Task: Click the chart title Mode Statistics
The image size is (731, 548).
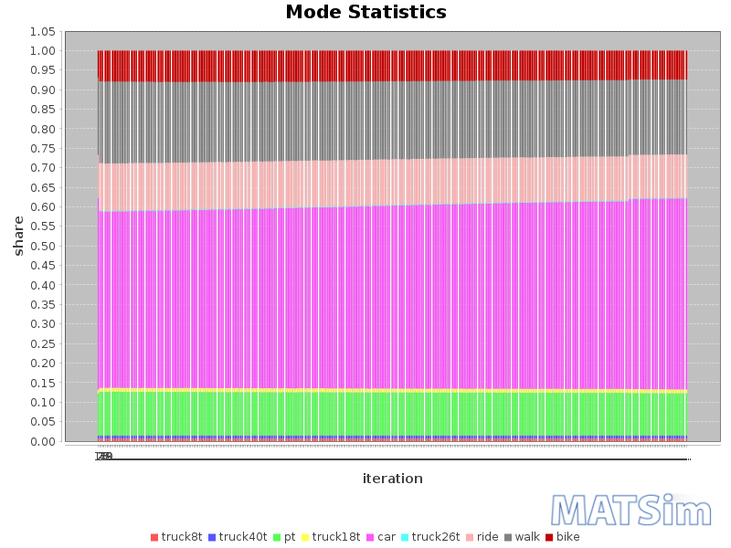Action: (365, 13)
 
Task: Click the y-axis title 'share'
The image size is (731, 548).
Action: (18, 236)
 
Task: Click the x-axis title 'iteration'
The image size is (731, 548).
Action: (392, 479)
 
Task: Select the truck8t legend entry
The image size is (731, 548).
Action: (181, 537)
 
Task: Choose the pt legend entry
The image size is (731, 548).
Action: (289, 537)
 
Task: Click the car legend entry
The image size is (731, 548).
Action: (386, 537)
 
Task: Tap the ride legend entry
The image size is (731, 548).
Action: (487, 537)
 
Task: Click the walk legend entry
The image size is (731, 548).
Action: (527, 537)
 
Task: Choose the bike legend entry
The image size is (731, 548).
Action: (567, 537)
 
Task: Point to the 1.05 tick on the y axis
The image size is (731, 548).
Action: (43, 31)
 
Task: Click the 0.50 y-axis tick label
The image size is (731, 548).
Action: (43, 247)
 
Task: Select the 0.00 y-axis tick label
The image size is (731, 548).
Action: (43, 442)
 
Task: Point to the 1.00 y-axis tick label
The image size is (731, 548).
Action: (43, 51)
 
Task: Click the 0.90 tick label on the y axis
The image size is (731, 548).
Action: (43, 90)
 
